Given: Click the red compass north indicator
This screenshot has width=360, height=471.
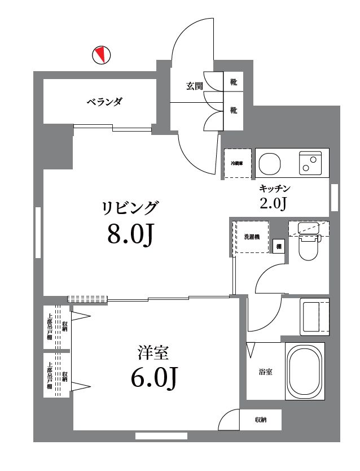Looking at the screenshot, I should click(101, 55).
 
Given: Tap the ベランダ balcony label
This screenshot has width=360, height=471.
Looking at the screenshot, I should click(104, 102).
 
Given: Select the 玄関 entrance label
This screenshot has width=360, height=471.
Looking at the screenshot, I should click(195, 86).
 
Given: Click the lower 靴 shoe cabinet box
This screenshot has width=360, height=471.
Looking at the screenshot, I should click(234, 111).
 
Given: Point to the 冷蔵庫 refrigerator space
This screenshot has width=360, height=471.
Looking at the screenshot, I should click(237, 164).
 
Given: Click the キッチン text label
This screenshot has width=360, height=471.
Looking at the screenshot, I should click(274, 188).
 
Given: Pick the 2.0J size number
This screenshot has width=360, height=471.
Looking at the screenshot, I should click(274, 203).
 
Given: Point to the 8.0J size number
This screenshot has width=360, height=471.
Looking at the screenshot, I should click(130, 234).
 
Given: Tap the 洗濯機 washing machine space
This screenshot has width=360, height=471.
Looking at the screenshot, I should click(252, 237).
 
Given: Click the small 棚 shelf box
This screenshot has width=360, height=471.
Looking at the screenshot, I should click(278, 246).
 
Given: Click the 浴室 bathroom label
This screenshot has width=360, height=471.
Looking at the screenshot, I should click(266, 372).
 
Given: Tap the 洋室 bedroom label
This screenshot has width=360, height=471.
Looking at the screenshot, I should click(153, 353).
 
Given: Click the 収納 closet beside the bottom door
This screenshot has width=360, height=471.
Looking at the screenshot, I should click(260, 420).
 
